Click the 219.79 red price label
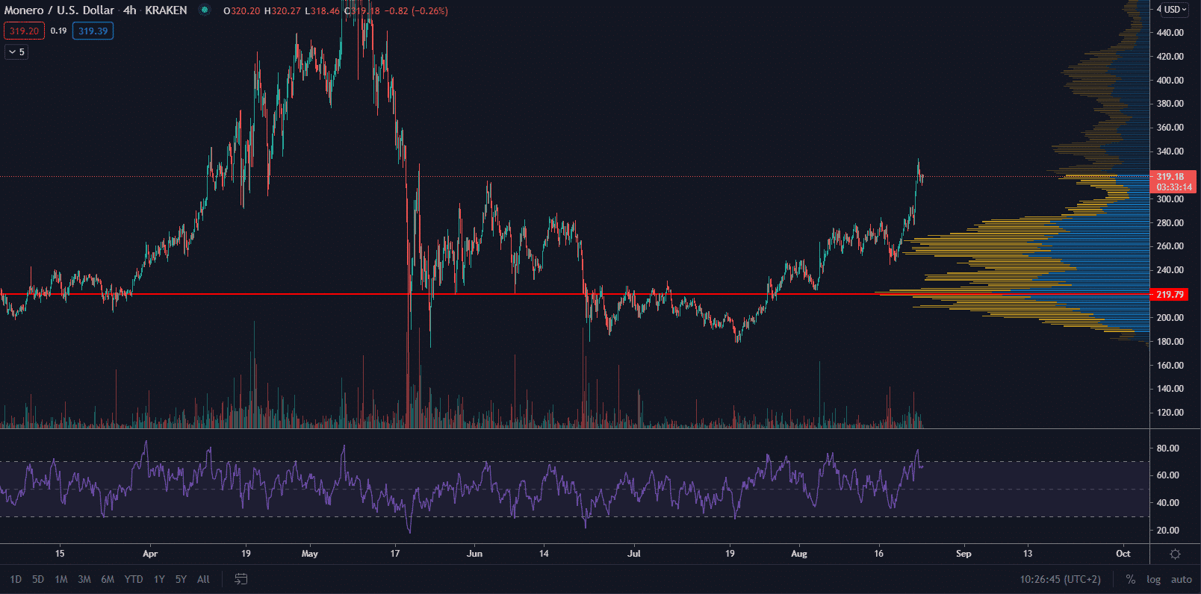coord(1170,295)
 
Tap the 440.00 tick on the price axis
coord(1170,33)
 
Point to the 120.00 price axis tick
coord(1170,413)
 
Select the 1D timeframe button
coord(16,579)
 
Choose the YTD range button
coord(134,579)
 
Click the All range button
coord(203,579)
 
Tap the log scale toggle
coord(1153,579)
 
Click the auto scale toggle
coord(1181,579)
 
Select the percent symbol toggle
coord(1131,579)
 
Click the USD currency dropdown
coord(1173,10)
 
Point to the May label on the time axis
coord(310,554)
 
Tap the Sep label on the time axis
coord(963,554)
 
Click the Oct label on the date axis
coord(1123,554)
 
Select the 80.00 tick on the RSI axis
coord(1167,448)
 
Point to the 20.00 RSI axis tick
coord(1167,531)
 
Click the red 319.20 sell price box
coord(24,31)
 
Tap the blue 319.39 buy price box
coord(93,31)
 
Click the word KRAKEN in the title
coord(162,10)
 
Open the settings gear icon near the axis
coord(1175,554)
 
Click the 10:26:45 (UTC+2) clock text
coord(1060,579)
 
